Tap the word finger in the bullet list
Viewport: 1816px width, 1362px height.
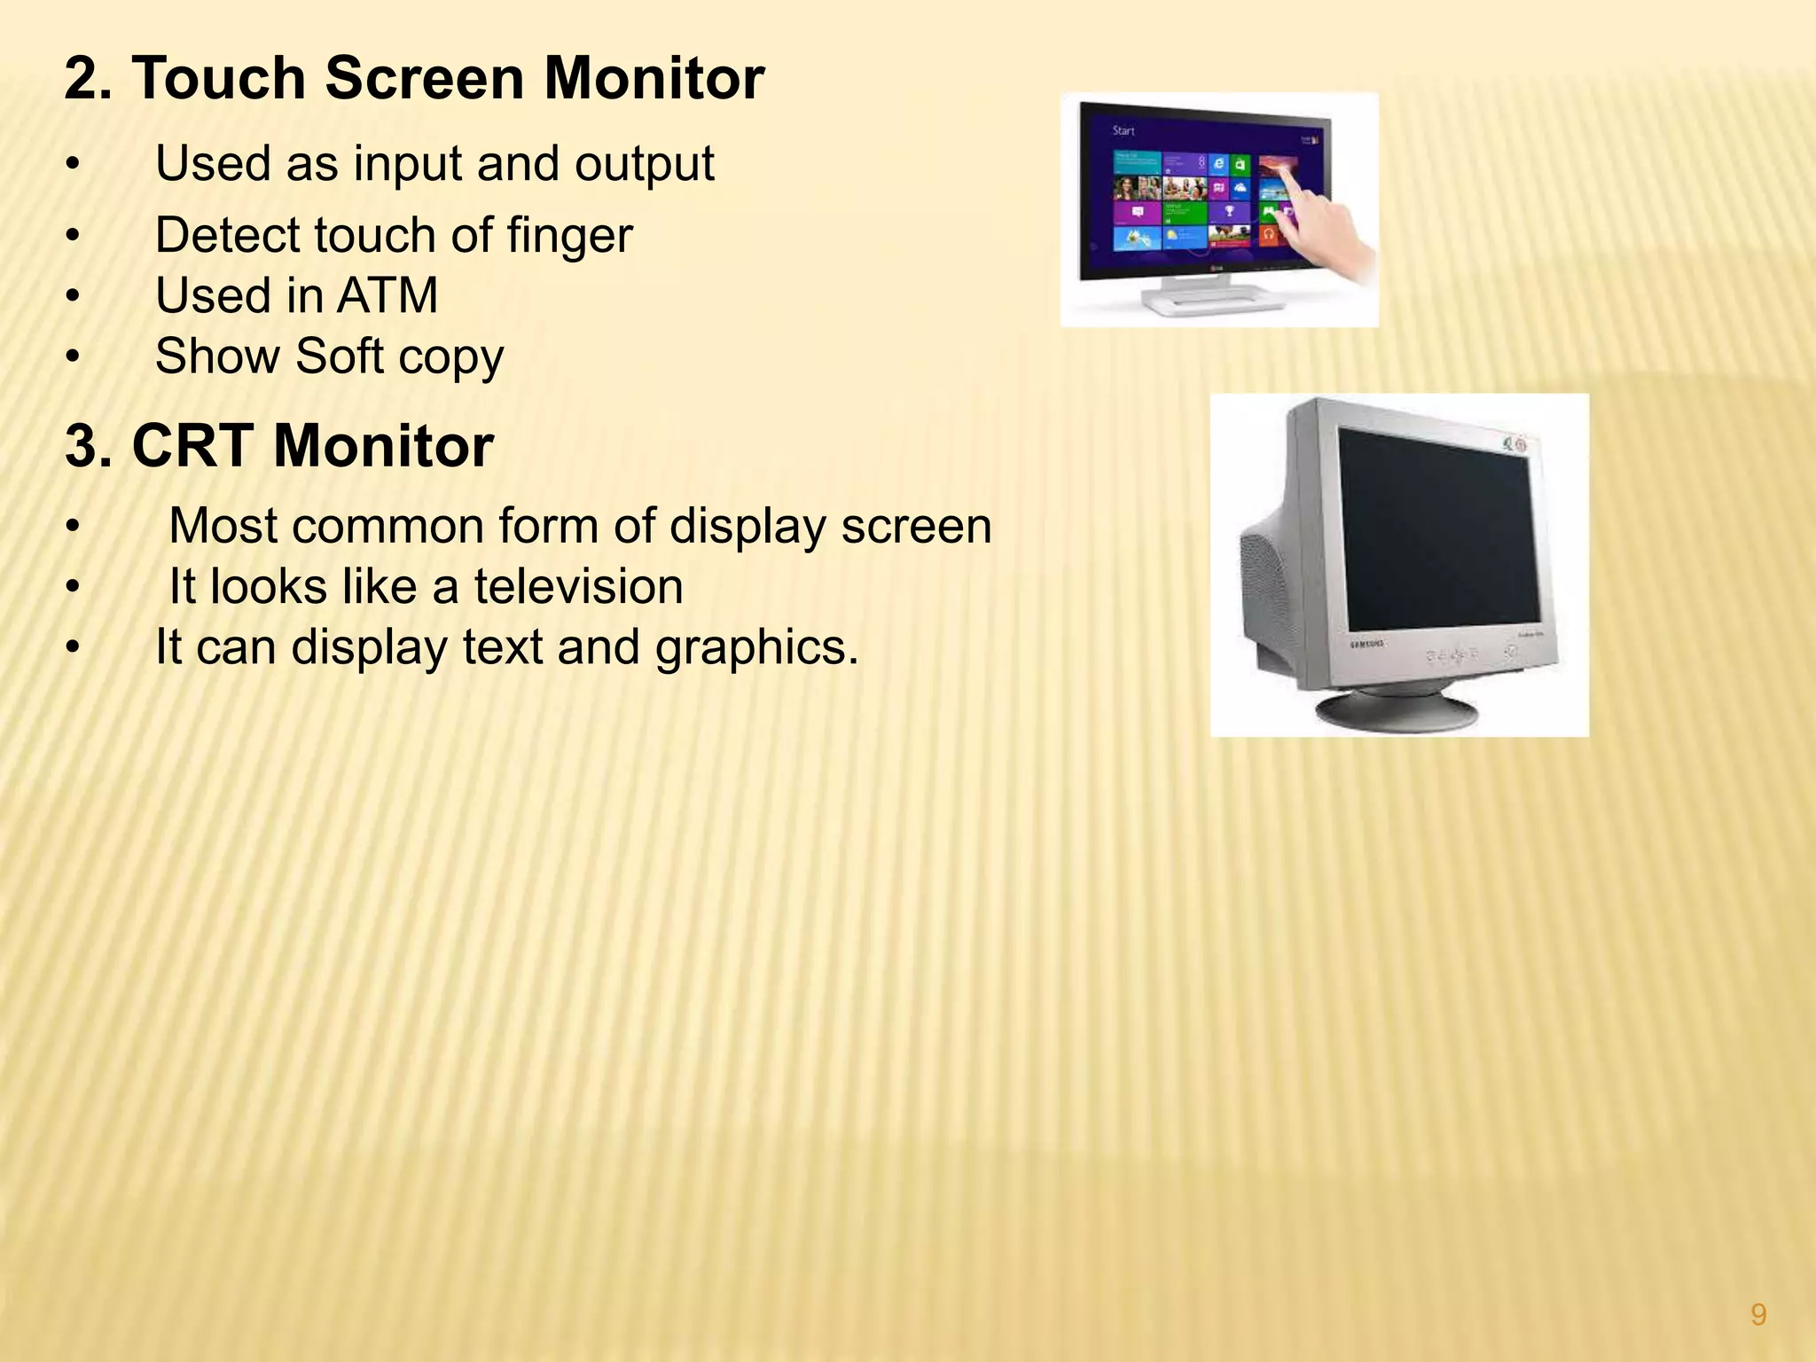click(x=569, y=236)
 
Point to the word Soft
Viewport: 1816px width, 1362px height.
click(x=339, y=356)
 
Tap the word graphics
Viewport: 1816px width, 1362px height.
click(x=756, y=648)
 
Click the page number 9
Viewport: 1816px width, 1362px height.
click(x=1758, y=1314)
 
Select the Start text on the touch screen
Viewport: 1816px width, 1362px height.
click(x=1123, y=131)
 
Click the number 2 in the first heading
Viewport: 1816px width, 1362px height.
click(x=82, y=78)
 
